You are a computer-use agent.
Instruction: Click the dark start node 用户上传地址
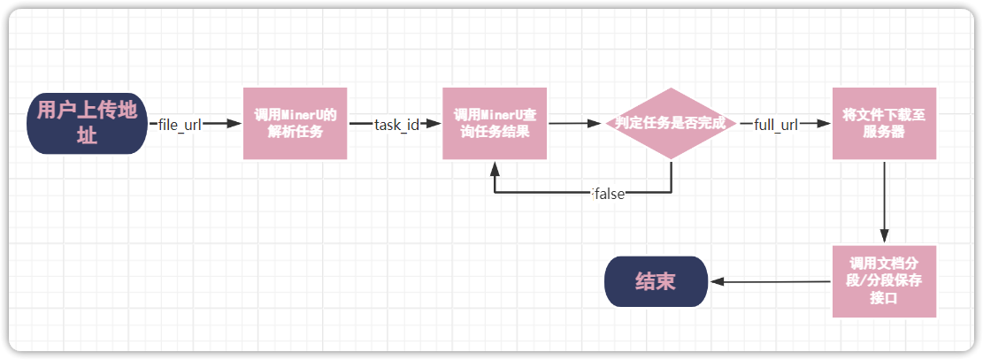pyautogui.click(x=87, y=123)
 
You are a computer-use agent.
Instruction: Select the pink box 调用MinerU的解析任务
pyautogui.click(x=295, y=123)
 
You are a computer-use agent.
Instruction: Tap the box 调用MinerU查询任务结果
pyautogui.click(x=494, y=123)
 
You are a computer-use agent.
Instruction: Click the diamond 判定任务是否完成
pyautogui.click(x=671, y=123)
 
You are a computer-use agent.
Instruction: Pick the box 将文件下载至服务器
pyautogui.click(x=883, y=123)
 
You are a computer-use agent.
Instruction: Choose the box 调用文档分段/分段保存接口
pyautogui.click(x=883, y=281)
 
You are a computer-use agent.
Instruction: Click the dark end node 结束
pyautogui.click(x=656, y=281)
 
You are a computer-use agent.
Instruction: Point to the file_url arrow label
pyautogui.click(x=180, y=124)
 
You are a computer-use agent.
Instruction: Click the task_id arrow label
pyautogui.click(x=396, y=124)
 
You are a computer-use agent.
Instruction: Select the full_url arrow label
pyautogui.click(x=776, y=124)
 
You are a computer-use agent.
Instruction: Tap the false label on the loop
pyautogui.click(x=609, y=194)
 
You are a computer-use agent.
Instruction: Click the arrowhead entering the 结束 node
pyautogui.click(x=718, y=282)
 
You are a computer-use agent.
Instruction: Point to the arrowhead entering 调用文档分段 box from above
pyautogui.click(x=883, y=239)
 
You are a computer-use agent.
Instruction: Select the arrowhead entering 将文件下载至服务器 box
pyautogui.click(x=825, y=124)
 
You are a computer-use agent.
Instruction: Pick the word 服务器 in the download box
pyautogui.click(x=883, y=132)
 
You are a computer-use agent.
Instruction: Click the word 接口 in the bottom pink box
pyautogui.click(x=883, y=299)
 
